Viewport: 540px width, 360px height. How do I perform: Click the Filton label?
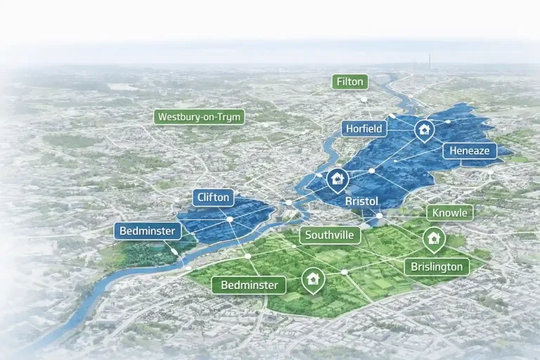pos(350,82)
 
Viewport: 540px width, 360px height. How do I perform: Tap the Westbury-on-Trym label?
pos(200,117)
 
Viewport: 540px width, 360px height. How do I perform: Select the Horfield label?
pos(364,128)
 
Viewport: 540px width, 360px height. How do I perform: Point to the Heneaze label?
pos(470,150)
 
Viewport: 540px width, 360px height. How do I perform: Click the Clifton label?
pos(213,198)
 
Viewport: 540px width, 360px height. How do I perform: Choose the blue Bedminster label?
pos(148,230)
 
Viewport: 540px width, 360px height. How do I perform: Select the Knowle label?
pos(450,212)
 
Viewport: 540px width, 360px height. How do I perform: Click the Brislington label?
pos(437,266)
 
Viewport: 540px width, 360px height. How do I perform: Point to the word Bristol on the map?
pos(362,201)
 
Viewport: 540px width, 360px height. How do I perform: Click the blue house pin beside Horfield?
pos(423,130)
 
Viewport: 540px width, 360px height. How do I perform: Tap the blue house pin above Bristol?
pos(337,179)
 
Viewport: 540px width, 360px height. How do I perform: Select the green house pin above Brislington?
pos(434,239)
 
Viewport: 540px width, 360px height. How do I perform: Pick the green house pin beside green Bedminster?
pos(312,279)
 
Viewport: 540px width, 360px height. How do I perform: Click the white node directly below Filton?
pos(364,100)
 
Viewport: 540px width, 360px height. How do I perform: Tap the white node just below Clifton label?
pos(230,220)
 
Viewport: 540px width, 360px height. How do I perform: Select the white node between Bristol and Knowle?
pos(379,215)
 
